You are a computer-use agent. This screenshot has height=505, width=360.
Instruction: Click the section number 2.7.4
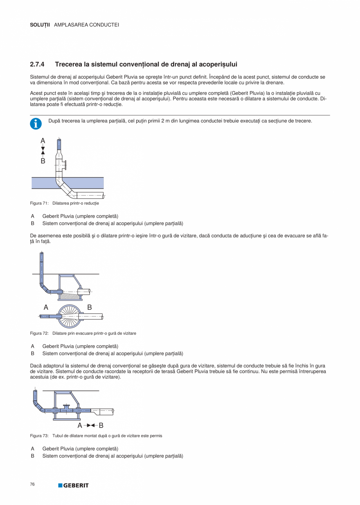click(x=37, y=64)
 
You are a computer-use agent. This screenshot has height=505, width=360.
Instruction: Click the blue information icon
click(x=35, y=124)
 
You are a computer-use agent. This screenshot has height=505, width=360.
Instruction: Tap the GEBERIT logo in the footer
click(x=74, y=485)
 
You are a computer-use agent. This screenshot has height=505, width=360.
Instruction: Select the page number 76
click(x=32, y=484)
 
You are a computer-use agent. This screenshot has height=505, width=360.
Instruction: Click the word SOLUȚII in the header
click(x=40, y=25)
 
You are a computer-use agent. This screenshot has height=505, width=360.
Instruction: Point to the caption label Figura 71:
click(x=39, y=203)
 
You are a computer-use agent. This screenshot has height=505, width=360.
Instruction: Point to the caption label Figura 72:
click(x=39, y=333)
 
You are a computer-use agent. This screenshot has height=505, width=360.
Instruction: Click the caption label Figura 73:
click(x=39, y=436)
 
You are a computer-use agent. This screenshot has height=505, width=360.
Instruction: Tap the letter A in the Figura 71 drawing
click(x=43, y=141)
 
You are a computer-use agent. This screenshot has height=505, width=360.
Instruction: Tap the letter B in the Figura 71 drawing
click(x=43, y=161)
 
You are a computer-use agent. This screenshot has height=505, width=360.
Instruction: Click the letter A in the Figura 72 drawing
click(x=46, y=307)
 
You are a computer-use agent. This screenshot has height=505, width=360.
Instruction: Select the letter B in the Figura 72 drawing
click(x=89, y=307)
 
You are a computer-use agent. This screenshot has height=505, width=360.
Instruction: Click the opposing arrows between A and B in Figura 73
click(x=90, y=425)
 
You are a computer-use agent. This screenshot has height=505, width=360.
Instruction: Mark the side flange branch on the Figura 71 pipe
click(x=65, y=164)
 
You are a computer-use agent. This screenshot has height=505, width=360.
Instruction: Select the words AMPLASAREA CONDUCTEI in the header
click(x=86, y=25)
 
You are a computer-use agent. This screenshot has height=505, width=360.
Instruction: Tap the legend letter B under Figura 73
click(x=32, y=456)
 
